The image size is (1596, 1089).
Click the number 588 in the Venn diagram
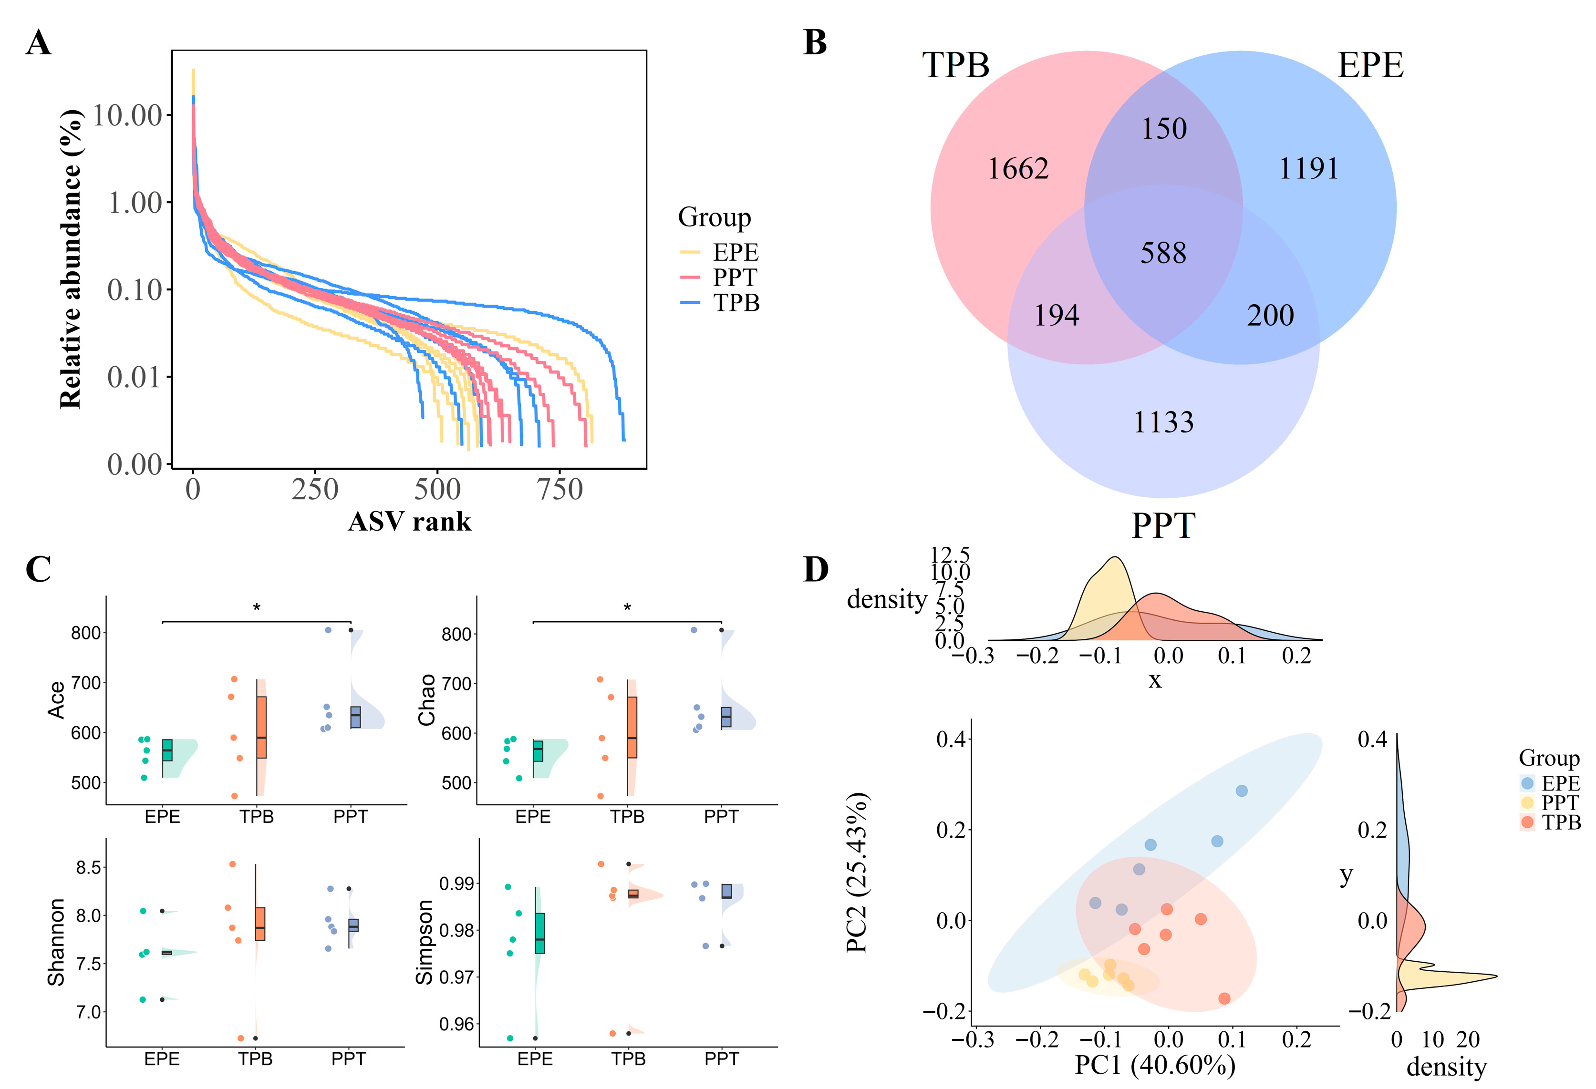[x=1163, y=253]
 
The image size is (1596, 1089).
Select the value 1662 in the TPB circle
[x=1018, y=169]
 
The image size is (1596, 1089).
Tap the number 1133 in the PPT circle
[x=1163, y=422]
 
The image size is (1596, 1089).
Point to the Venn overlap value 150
[x=1163, y=129]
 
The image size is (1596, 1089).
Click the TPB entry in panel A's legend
[x=735, y=303]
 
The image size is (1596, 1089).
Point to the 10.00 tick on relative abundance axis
[x=128, y=115]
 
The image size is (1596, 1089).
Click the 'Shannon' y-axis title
[x=56, y=942]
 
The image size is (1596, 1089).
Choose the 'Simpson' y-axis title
[x=425, y=942]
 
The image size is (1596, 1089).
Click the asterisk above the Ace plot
[x=256, y=607]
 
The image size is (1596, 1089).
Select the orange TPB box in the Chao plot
[x=632, y=727]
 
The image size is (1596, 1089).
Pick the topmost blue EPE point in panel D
[x=1241, y=791]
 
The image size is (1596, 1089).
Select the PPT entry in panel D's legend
[x=1559, y=802]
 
